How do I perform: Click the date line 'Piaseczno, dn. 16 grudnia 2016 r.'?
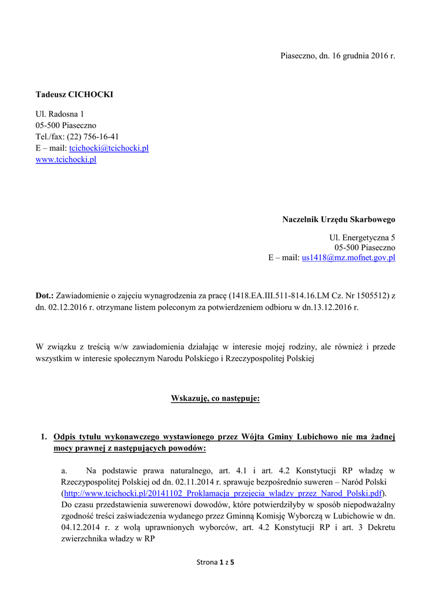click(x=337, y=56)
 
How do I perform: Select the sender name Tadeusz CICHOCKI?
click(x=74, y=94)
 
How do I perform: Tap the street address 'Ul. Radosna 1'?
click(x=60, y=113)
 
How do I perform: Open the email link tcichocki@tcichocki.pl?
click(x=109, y=148)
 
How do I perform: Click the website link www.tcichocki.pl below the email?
click(x=66, y=159)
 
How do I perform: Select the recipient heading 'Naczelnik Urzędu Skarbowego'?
click(x=338, y=219)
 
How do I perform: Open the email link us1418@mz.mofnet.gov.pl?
click(x=348, y=257)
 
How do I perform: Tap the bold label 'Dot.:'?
click(x=45, y=295)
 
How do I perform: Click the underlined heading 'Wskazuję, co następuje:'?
click(x=215, y=399)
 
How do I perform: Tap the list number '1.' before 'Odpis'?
click(x=43, y=437)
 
